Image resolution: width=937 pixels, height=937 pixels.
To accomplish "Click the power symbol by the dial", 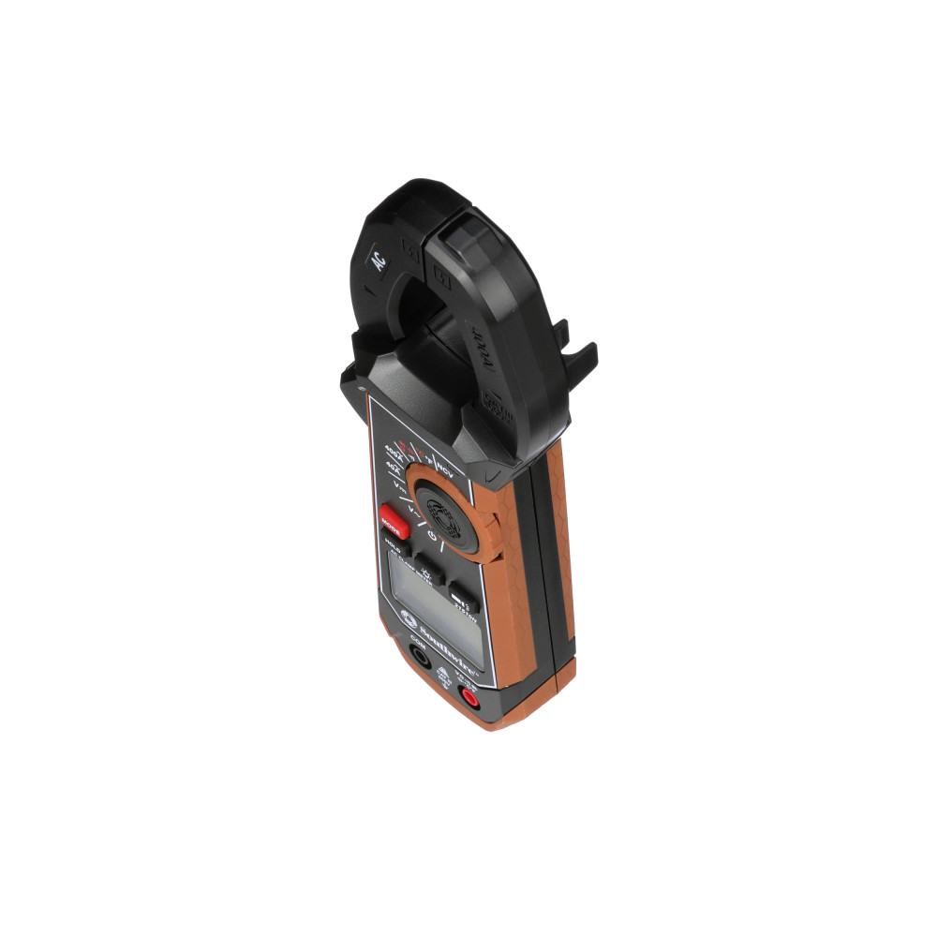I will click(x=432, y=537).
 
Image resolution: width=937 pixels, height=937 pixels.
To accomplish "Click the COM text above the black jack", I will click(x=418, y=646).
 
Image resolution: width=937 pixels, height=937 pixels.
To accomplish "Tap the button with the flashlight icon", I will click(x=459, y=597).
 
